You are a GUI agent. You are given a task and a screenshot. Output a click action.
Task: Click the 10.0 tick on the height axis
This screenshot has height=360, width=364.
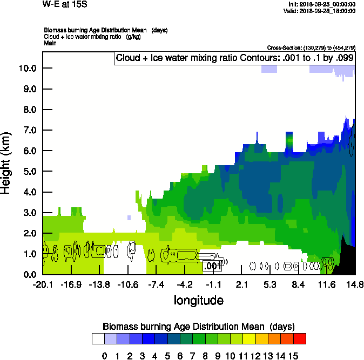(x=27, y=68)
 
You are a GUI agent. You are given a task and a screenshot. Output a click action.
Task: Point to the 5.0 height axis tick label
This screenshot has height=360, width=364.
(x=27, y=171)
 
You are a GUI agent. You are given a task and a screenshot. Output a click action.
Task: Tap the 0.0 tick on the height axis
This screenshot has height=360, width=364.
(x=27, y=274)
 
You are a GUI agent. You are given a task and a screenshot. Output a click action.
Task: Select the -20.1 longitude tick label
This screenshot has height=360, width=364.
(x=43, y=284)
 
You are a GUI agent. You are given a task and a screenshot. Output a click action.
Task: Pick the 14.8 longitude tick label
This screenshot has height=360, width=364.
(x=354, y=284)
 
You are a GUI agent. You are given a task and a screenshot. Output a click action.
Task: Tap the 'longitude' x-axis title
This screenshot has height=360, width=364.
(x=198, y=300)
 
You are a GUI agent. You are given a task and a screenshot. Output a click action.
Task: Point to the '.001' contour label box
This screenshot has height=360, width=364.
(x=212, y=266)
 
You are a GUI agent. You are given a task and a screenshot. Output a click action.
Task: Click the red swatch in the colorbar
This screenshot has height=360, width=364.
(x=300, y=338)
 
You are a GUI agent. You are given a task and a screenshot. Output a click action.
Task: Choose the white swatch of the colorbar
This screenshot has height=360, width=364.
(x=98, y=338)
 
